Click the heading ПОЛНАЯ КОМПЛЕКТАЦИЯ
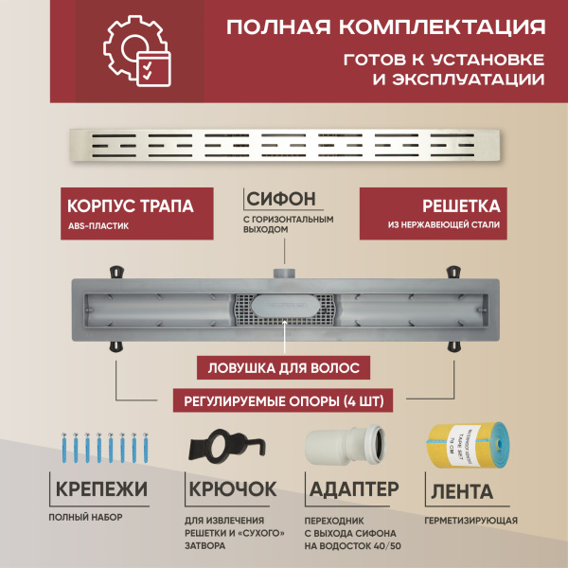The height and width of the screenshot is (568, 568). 385,25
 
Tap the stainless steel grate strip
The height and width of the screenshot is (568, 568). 284,146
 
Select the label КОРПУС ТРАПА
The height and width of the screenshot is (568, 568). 131,205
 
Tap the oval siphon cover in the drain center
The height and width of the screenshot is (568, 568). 283,308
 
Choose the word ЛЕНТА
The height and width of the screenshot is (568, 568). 460,491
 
